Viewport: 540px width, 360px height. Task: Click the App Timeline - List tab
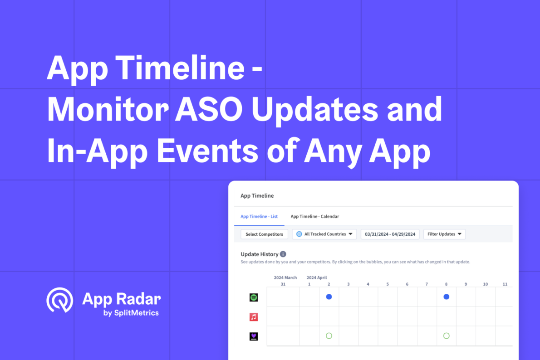click(259, 217)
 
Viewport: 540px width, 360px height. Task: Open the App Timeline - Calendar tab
click(314, 217)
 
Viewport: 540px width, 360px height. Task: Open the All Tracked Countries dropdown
click(324, 234)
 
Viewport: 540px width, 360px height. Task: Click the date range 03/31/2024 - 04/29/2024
click(390, 234)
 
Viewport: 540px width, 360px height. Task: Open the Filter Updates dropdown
click(444, 234)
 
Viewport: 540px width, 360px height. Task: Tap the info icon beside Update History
click(283, 254)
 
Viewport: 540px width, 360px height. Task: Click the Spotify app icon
click(254, 297)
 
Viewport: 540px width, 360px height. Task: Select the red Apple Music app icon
click(254, 317)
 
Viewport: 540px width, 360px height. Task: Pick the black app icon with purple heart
click(254, 336)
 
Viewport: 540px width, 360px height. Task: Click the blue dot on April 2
click(329, 297)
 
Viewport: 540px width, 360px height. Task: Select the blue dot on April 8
click(447, 297)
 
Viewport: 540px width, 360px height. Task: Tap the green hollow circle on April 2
click(329, 336)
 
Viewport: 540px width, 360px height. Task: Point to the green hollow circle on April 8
click(447, 336)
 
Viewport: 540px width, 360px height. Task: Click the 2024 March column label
click(285, 277)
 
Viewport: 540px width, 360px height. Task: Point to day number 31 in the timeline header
click(283, 284)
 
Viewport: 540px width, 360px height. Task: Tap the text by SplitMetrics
click(131, 313)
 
